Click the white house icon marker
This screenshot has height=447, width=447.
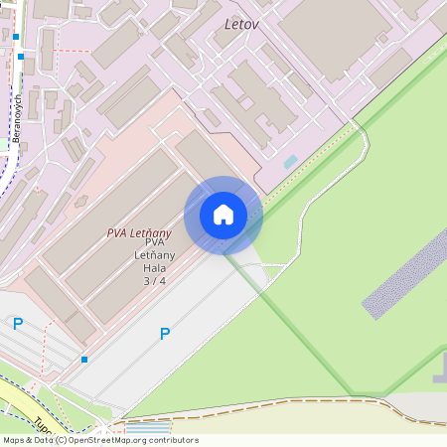(223, 215)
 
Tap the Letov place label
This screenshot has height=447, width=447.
(241, 23)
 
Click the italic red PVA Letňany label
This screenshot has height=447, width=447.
(139, 233)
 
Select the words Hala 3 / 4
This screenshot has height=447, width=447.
(154, 274)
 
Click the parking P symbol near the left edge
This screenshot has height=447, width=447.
(18, 323)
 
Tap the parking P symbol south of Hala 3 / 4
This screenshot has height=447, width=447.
(165, 334)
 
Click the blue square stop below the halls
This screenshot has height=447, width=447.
(84, 360)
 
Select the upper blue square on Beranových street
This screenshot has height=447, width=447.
(16, 37)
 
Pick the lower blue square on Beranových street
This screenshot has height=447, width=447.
(21, 57)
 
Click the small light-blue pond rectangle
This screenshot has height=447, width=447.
(290, 161)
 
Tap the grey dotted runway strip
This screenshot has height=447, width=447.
(407, 274)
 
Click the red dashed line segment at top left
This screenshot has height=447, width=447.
(70, 49)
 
